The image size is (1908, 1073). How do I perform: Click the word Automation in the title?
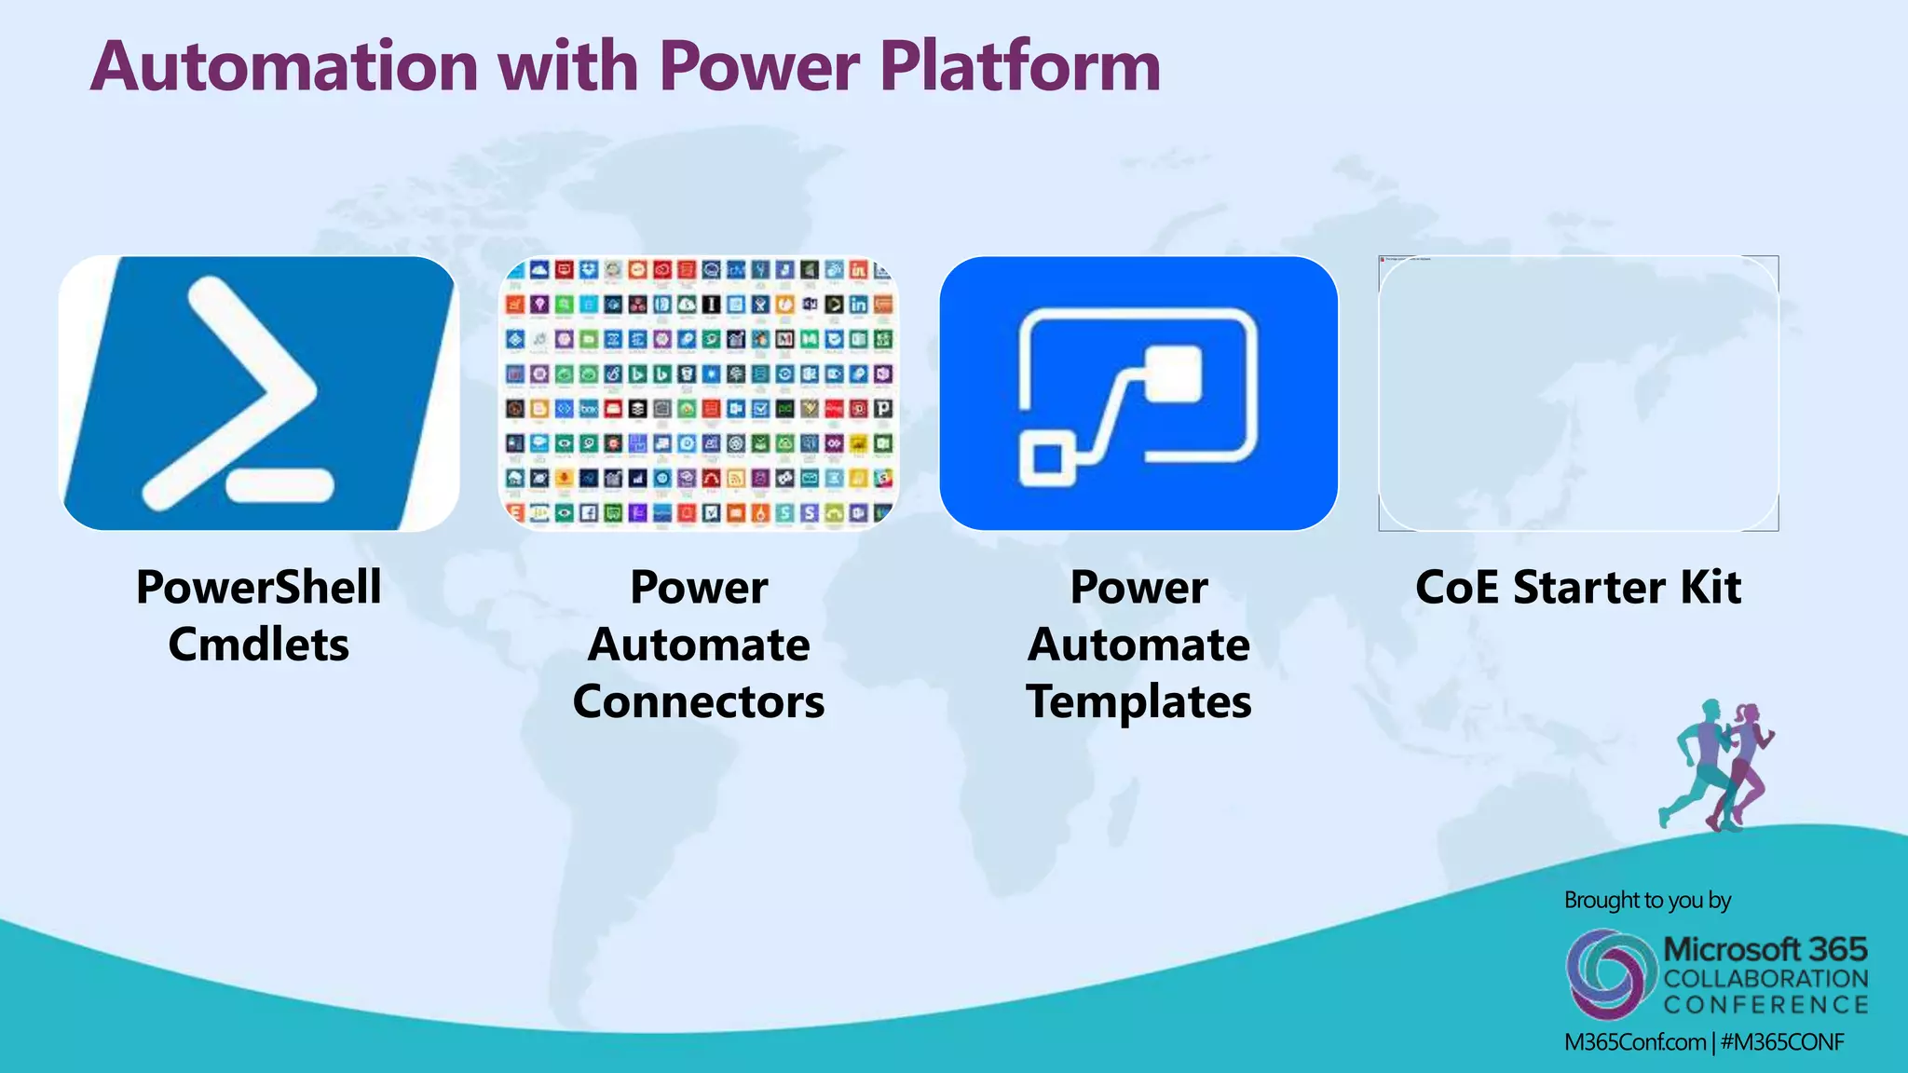284,67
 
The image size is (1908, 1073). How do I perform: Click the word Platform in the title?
1020,67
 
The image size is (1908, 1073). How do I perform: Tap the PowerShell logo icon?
258,393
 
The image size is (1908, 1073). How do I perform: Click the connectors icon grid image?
699,393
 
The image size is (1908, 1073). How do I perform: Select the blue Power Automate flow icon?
1138,393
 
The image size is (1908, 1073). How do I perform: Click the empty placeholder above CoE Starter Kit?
1578,393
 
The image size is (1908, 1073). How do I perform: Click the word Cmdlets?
258,645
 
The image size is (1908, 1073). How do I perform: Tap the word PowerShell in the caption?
258,588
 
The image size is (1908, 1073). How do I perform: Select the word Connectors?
699,701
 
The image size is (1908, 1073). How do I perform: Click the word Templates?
1138,701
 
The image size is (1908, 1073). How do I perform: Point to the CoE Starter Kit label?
1578,588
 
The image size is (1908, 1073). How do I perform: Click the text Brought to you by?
1647,901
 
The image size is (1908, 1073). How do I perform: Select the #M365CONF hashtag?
1781,1042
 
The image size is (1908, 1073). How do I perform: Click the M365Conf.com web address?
1634,1042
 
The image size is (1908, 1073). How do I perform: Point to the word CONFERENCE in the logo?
1765,1005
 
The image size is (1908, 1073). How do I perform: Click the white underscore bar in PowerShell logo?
279,484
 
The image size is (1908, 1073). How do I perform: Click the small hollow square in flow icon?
1048,458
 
